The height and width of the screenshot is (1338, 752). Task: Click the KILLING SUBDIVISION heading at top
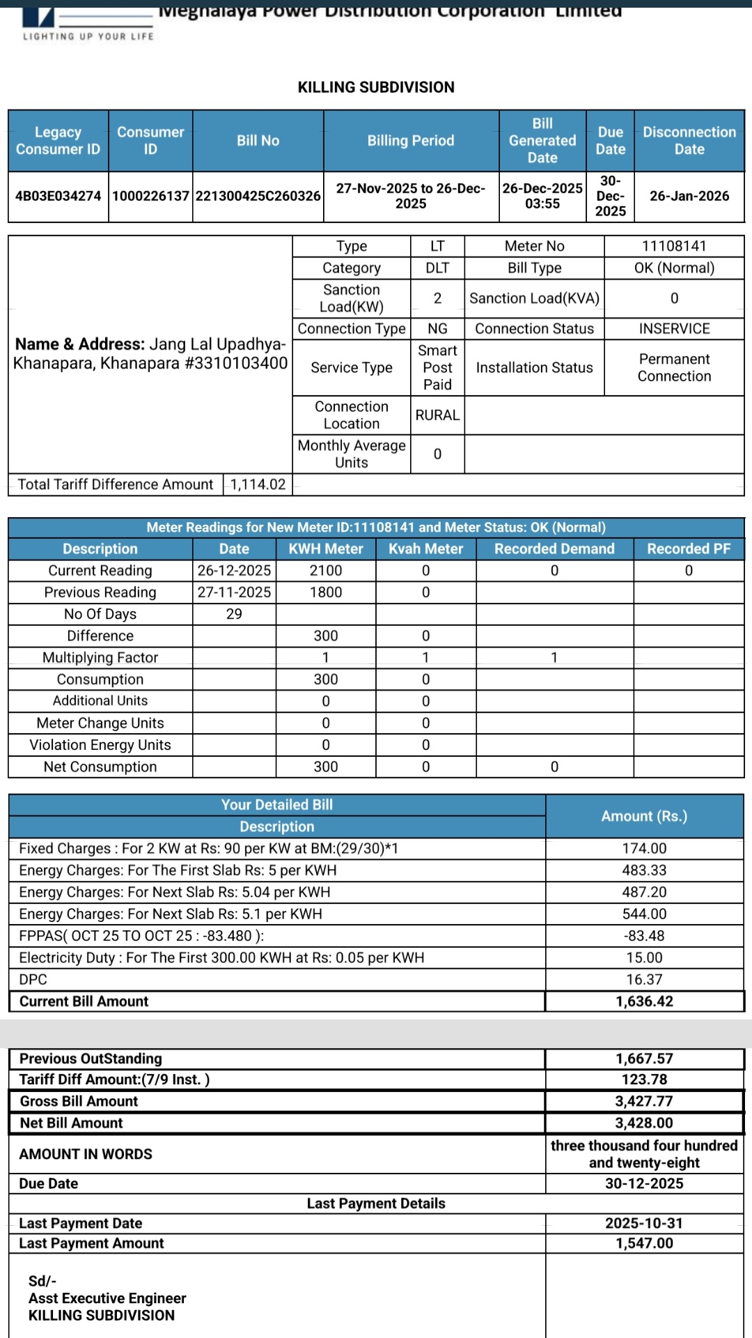tap(376, 87)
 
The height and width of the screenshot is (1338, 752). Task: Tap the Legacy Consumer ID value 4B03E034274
tap(58, 196)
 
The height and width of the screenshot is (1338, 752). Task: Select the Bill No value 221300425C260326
tap(258, 196)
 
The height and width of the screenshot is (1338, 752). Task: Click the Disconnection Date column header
tap(689, 140)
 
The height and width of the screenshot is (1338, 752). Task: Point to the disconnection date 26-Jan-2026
tap(689, 196)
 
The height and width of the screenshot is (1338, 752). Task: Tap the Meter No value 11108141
tap(673, 246)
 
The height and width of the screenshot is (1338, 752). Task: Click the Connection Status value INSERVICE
tap(673, 328)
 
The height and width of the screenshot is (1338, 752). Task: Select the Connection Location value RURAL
tap(437, 415)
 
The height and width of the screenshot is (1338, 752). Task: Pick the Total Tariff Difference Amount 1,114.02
tap(258, 484)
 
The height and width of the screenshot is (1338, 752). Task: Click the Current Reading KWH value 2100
tap(325, 570)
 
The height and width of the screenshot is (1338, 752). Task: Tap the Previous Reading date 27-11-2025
tap(234, 592)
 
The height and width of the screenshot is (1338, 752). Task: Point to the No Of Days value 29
tap(234, 614)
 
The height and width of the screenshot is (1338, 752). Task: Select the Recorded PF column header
tap(688, 548)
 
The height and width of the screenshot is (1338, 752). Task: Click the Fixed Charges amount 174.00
tap(644, 848)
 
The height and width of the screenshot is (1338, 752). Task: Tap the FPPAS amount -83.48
tap(644, 935)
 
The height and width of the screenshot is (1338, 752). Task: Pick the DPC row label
tap(33, 979)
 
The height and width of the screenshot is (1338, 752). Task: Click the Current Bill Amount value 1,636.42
tap(644, 1001)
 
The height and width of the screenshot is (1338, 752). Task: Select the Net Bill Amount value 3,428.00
tap(644, 1123)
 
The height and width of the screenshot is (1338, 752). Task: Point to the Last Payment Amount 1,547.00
tap(644, 1243)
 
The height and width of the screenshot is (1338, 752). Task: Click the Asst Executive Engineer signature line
tap(107, 1298)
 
